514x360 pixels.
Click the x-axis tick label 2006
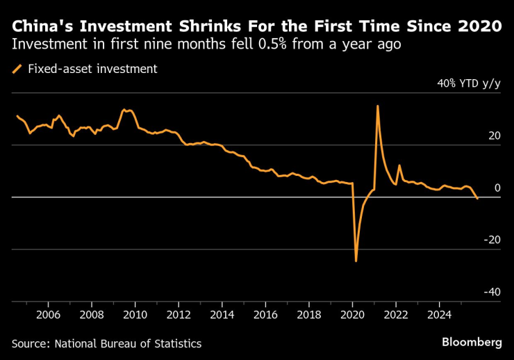(48, 314)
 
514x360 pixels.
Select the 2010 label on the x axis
(135, 314)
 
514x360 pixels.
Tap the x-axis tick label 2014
(222, 314)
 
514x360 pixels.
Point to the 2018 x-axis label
(309, 314)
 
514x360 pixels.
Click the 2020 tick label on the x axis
(353, 314)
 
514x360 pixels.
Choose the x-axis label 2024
(440, 314)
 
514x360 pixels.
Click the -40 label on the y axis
(491, 292)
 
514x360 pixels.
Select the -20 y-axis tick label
(491, 240)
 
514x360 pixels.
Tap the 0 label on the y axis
(497, 188)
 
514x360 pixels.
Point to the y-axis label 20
(493, 136)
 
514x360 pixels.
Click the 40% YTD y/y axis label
(468, 83)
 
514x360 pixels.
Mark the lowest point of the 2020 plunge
(356, 261)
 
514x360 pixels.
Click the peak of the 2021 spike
(377, 106)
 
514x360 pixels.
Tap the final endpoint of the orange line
(477, 199)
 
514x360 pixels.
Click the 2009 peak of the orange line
(124, 109)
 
